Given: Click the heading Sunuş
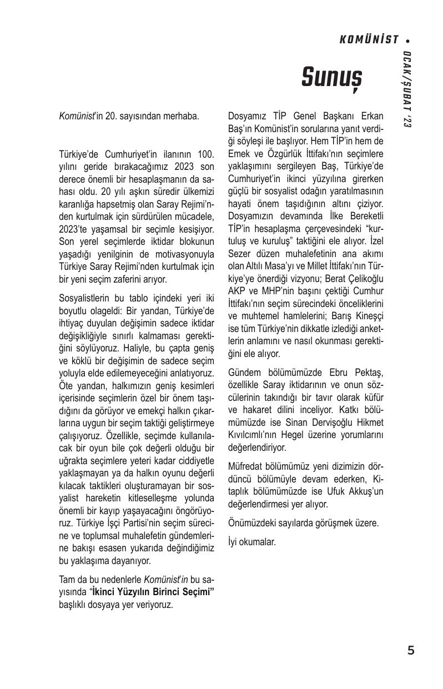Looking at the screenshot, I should (331, 77).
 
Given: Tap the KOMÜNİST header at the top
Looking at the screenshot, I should (369, 40).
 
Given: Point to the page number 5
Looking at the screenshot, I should (410, 651).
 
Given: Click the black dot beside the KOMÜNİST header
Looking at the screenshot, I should (409, 41).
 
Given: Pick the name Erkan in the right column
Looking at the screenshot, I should (371, 117).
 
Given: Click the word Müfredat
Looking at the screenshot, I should (246, 466).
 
